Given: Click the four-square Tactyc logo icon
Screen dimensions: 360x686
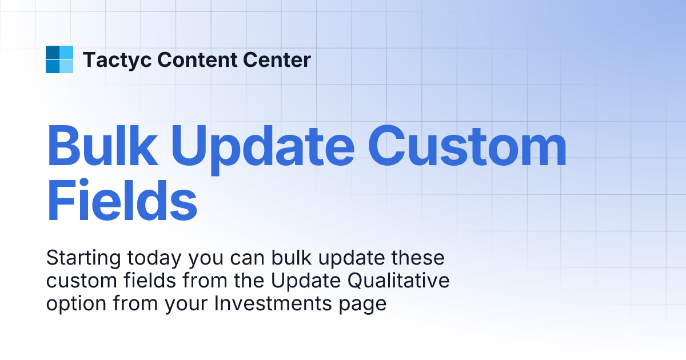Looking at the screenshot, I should tap(59, 59).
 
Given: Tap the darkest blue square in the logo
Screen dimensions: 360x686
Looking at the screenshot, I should tap(53, 53).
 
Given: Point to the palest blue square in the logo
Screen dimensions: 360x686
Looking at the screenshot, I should tap(66, 66).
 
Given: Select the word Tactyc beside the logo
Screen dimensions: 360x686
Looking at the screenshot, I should tap(117, 59).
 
